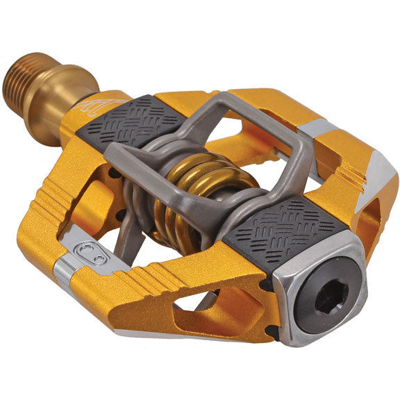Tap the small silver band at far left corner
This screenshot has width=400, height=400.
click(x=63, y=274)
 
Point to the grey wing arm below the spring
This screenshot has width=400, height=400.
click(x=139, y=229)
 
